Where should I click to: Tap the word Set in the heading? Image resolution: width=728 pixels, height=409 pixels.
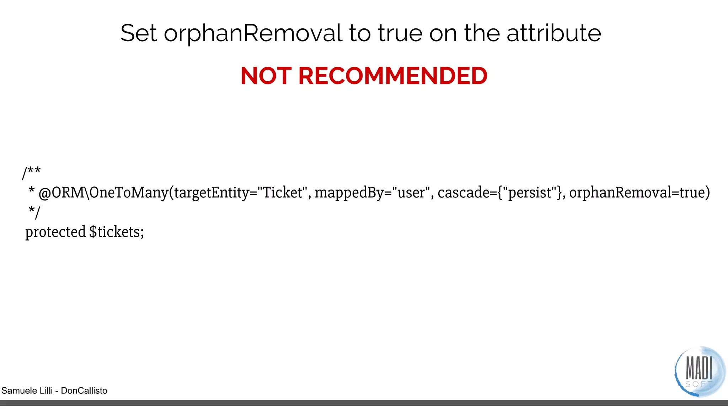coord(138,33)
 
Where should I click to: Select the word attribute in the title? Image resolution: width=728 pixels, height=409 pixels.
coord(553,33)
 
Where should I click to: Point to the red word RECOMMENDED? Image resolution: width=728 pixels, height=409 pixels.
coord(393,76)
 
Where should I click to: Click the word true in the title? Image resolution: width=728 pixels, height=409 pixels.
coord(400,33)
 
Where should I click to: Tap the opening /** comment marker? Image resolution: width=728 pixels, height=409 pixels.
coord(31,173)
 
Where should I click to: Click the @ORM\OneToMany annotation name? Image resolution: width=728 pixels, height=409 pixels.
coord(103,193)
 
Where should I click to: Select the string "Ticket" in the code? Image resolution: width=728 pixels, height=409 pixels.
coord(282,192)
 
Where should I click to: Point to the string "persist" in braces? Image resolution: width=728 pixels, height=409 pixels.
coord(530,193)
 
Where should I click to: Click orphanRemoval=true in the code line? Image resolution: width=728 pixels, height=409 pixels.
coord(639,192)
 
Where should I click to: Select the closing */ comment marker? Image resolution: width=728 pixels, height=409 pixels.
coord(34,212)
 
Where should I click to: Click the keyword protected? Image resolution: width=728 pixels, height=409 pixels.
coord(55,232)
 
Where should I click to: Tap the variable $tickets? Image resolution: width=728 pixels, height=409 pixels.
coord(117,232)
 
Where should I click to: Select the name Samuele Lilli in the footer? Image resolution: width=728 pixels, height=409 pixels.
coord(27,391)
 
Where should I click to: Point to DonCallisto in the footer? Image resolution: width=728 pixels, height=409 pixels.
coord(84,391)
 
